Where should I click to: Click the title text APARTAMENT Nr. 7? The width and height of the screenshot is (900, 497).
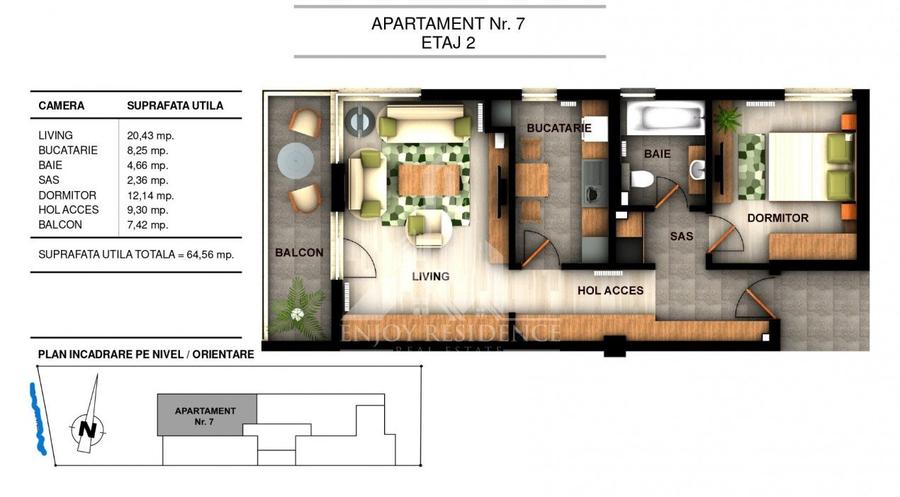coord(448,23)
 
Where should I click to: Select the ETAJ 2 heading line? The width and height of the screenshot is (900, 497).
coord(448,42)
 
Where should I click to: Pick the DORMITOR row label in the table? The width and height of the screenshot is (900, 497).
coord(67,195)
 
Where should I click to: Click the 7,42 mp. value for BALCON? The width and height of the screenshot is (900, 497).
coord(147,225)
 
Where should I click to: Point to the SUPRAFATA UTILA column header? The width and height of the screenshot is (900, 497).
coord(175,105)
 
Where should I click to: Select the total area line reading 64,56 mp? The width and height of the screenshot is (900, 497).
coord(136,255)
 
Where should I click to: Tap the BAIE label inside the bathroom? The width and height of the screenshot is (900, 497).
coord(657,155)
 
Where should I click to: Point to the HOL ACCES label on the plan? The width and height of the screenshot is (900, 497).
coord(610,290)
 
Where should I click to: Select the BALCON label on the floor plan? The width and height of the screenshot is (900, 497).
coord(299,253)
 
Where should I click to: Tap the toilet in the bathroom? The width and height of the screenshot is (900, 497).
coord(642,180)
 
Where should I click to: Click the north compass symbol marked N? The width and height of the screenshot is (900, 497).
coord(88,429)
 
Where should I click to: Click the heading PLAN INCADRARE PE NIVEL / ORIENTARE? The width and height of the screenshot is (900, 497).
coord(146,354)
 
